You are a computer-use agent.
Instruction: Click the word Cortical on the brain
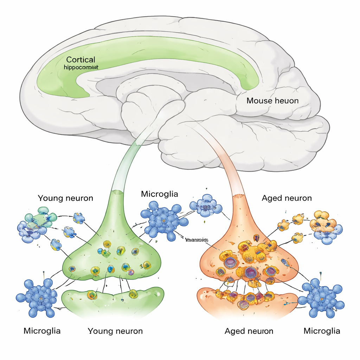tap(81, 59)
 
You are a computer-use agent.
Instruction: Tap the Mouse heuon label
tap(272, 101)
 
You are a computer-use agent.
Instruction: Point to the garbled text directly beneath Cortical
tap(81, 67)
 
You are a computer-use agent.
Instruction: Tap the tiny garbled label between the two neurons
tap(197, 240)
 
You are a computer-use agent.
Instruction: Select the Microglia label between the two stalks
tap(159, 194)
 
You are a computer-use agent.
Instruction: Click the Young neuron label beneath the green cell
tap(115, 331)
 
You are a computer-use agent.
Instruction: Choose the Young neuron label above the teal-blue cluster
tap(65, 198)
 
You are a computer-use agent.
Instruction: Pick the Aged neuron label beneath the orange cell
tap(249, 331)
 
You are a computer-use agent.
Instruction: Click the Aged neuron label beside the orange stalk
tap(287, 198)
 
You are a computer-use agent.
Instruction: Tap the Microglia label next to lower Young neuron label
tap(42, 331)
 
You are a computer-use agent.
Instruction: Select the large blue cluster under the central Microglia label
tap(164, 221)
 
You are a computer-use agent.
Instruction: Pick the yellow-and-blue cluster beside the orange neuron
tap(325, 225)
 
